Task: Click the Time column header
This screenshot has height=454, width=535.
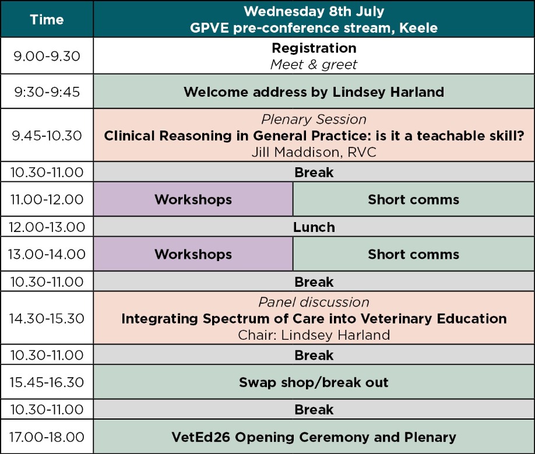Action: (x=47, y=19)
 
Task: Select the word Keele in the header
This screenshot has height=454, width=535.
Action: (x=418, y=27)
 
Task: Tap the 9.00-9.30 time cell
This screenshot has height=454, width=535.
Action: (x=47, y=56)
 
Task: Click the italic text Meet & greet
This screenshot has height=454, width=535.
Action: (x=314, y=65)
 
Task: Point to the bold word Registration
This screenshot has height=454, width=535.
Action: (x=314, y=48)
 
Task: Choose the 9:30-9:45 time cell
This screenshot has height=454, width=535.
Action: (x=47, y=91)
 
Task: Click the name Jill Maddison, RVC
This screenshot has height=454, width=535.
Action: (x=314, y=152)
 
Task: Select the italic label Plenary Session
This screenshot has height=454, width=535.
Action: (x=314, y=119)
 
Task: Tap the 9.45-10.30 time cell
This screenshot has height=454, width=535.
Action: (x=47, y=135)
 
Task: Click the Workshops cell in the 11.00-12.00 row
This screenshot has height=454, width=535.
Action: (x=193, y=199)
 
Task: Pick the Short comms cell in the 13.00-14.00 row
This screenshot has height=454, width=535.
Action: (x=414, y=254)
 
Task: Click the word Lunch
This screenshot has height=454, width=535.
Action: (x=314, y=227)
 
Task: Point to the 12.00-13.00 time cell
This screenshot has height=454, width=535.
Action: (x=47, y=227)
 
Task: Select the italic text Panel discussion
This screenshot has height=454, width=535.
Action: (x=314, y=302)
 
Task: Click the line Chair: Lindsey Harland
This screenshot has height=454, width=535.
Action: (x=314, y=335)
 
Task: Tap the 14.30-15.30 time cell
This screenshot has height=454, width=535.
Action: (x=47, y=318)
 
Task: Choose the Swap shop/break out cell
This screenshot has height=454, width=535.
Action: (x=314, y=382)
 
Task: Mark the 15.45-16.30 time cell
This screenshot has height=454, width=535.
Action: (x=47, y=382)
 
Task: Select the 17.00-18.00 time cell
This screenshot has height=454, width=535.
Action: (x=47, y=437)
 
